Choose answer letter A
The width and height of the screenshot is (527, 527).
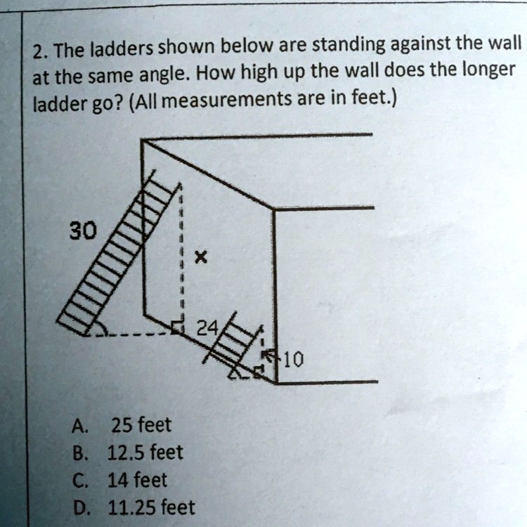(79, 426)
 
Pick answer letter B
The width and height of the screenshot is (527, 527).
(79, 453)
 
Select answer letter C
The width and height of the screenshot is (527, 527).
(79, 481)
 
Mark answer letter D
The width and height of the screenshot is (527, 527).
(79, 507)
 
